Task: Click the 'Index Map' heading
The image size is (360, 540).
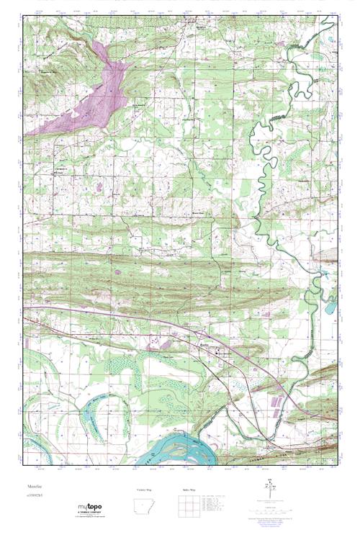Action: coord(186,490)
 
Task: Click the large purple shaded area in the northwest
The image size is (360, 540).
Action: coord(94,90)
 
